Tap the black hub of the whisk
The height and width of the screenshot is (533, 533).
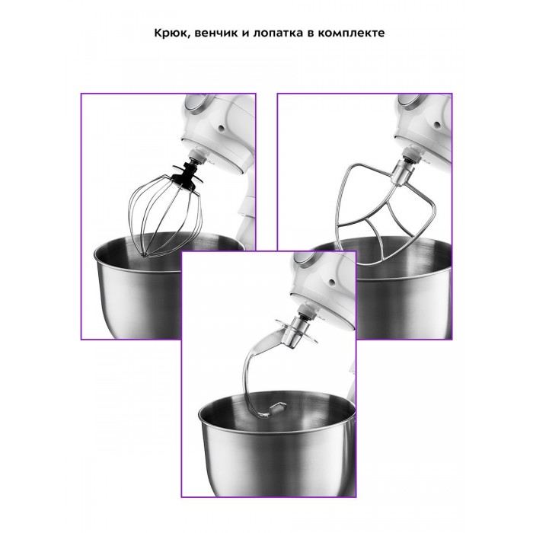coord(186,176)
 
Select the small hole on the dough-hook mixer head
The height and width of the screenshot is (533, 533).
coord(332,282)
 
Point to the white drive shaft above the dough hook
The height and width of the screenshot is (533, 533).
coord(307,311)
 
